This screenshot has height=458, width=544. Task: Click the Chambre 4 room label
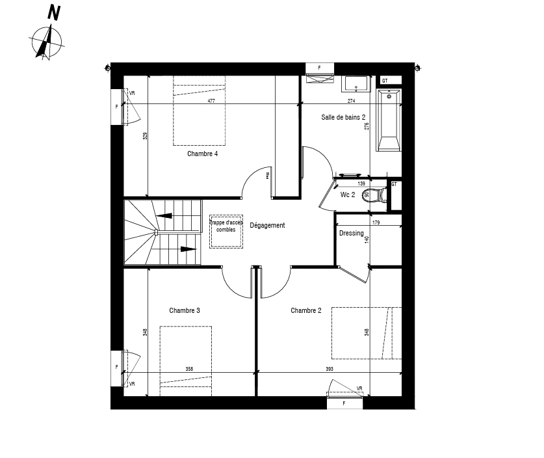[x=202, y=154]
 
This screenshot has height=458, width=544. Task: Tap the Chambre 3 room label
[x=184, y=310]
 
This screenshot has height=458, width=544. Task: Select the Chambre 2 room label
[x=305, y=310]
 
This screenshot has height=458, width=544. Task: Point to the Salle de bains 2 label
[x=343, y=118]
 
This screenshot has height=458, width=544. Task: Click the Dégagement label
[x=267, y=226]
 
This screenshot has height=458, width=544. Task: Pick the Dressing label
[x=351, y=234]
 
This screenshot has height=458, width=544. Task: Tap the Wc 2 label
[x=348, y=195]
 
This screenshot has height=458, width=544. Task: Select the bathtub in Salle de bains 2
[x=389, y=121]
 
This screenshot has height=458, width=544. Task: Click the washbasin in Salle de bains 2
[x=356, y=85]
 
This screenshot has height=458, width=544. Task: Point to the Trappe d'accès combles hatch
[x=226, y=231]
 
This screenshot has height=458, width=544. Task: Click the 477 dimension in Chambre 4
[x=211, y=101]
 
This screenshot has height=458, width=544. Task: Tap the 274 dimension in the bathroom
[x=351, y=101]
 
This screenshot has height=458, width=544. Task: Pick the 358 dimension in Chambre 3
[x=189, y=369]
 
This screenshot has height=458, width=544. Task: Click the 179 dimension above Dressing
[x=376, y=223]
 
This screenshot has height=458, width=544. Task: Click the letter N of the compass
[x=55, y=13]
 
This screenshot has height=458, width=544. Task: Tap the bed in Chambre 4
[x=200, y=111]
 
